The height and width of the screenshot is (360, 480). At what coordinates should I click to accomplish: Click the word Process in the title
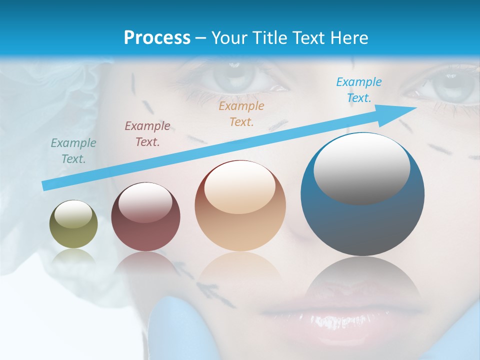[x=157, y=37]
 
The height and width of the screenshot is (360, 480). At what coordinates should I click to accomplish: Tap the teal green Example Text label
[x=73, y=151]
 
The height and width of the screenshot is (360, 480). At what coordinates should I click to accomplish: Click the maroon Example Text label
[x=147, y=134]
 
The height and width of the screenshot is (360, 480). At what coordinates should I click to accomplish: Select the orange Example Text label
[x=241, y=113]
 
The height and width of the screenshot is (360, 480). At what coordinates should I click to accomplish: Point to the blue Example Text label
[x=359, y=90]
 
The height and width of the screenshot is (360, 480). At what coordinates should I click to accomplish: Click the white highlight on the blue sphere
[x=361, y=167]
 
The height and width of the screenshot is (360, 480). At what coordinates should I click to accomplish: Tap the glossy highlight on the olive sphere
[x=73, y=214]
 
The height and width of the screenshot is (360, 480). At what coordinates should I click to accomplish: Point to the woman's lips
[x=340, y=315]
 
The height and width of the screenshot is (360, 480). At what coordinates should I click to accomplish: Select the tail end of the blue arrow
[x=46, y=185]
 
